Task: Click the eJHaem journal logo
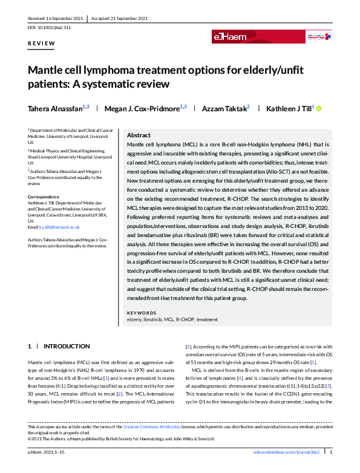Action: click(x=229, y=37)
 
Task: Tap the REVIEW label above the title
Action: click(x=42, y=44)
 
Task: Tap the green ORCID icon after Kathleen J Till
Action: click(x=319, y=108)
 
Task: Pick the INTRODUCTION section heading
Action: click(x=67, y=347)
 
